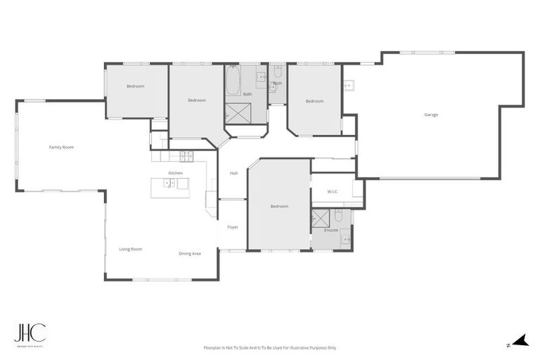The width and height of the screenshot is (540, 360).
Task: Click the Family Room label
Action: [61, 147]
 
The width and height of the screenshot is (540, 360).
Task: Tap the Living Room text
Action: [130, 249]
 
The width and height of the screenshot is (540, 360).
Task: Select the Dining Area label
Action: [190, 253]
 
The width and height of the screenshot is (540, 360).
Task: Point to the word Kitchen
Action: [175, 172]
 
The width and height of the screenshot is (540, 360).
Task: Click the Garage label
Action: [431, 115]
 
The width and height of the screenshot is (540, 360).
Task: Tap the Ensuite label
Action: [330, 230]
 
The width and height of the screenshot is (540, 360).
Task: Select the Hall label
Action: [233, 173]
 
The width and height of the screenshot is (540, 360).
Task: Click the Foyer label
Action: [232, 226]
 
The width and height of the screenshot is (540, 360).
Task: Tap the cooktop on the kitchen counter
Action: [186, 155]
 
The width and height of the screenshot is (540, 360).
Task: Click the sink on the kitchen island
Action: [169, 184]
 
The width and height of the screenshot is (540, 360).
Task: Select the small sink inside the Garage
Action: [348, 86]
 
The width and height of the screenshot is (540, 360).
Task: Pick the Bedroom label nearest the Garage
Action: [314, 101]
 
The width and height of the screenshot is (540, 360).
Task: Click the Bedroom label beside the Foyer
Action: [279, 206]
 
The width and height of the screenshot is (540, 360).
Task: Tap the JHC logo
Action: [30, 333]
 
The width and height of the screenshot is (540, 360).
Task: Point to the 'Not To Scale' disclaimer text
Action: [270, 347]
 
